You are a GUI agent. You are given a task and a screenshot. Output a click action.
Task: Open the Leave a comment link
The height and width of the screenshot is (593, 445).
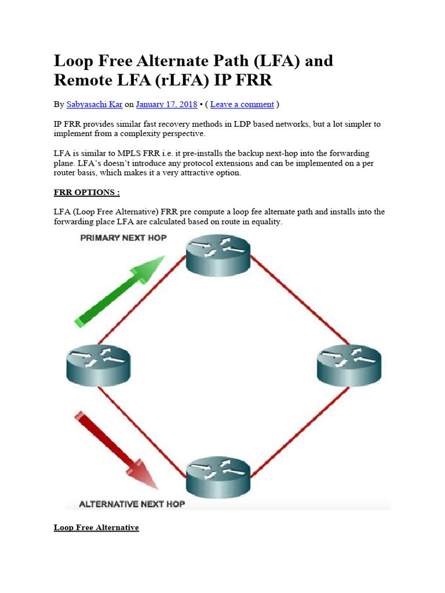click(242, 104)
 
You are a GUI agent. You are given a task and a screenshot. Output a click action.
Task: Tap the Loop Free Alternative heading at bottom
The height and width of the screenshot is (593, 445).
click(96, 528)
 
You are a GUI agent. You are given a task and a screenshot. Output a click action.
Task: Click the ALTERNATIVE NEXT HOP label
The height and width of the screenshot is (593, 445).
click(132, 504)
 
